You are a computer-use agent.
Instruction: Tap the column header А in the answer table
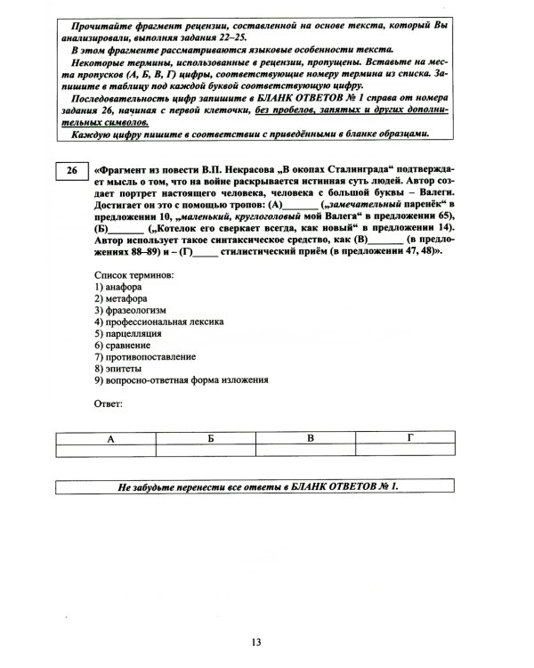tap(110, 438)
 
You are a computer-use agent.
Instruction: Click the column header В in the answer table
tap(311, 438)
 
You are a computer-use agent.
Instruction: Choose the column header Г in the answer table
tap(410, 438)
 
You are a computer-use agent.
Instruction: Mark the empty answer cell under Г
tap(410, 452)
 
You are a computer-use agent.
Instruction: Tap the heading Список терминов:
tap(133, 276)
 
